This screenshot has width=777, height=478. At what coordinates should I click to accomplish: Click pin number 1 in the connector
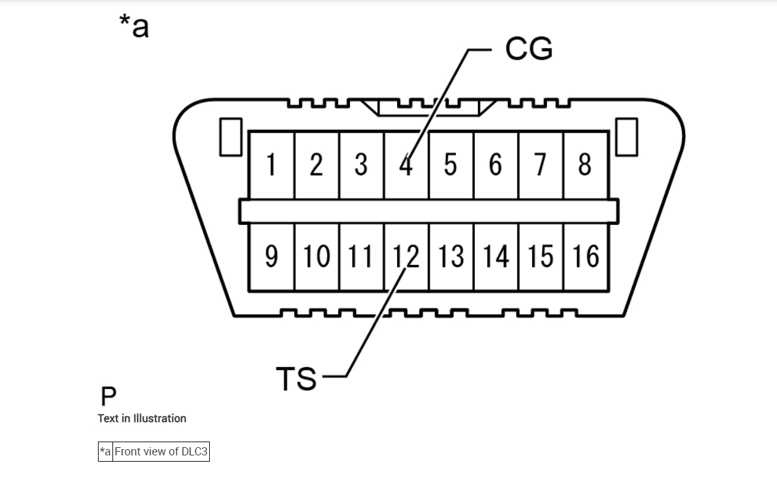pos(271,165)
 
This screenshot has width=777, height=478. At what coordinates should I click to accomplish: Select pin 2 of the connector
pos(316,165)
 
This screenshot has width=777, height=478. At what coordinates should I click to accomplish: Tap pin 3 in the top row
pos(361,165)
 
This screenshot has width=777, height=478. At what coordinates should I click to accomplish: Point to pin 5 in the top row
pos(450,165)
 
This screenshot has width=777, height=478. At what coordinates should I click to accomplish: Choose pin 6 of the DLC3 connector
pos(496,165)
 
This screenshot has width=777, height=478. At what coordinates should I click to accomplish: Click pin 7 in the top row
pos(540,165)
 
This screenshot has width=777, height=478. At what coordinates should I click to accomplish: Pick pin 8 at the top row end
pos(585,165)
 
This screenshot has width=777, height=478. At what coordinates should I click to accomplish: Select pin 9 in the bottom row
pos(271,257)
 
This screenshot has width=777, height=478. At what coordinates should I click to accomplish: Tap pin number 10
pos(316,257)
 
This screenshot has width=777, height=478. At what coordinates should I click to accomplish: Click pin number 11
pos(361,257)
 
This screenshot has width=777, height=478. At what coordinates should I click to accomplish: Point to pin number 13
pos(450,257)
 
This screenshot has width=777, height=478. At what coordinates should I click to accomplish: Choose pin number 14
pos(496,257)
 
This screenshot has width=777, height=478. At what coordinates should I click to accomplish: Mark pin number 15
pos(540,257)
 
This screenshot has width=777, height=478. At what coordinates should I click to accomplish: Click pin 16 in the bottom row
pos(585,257)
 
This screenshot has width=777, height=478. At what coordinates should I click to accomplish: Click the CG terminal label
pos(529,49)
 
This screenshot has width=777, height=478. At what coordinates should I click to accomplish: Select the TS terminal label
pos(296,379)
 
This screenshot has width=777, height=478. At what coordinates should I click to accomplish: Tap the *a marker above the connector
pos(134,26)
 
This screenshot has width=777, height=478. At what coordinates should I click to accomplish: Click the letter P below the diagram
pos(108,397)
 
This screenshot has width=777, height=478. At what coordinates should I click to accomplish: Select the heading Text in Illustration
pos(142,418)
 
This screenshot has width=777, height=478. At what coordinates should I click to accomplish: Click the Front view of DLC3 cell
pos(161,452)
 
